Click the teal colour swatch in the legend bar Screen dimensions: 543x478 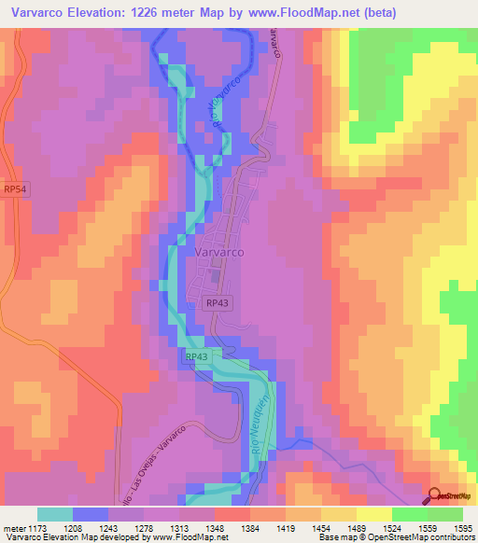pyautogui.click(x=55, y=514)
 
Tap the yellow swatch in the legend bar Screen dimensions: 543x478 pyautogui.click(x=374, y=514)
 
